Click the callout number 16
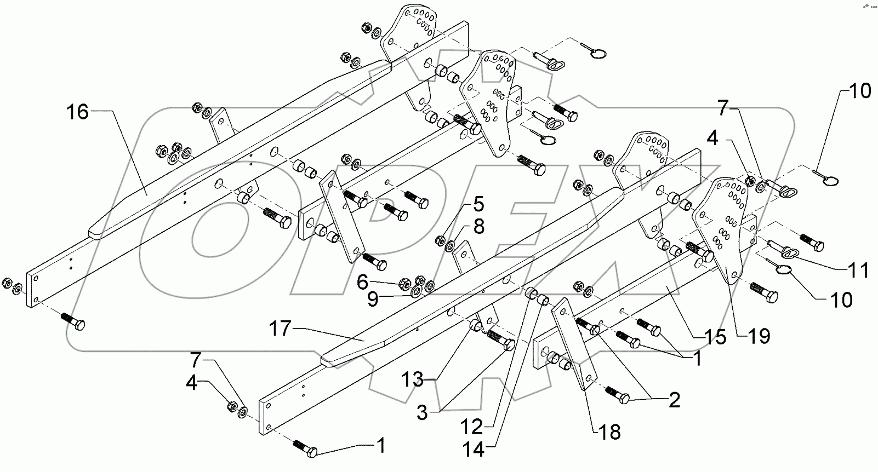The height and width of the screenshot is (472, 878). [78, 113]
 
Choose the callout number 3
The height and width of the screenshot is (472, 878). [422, 412]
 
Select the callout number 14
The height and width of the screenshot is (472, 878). [473, 450]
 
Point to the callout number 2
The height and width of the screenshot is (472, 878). [674, 400]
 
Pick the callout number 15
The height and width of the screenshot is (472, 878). [716, 337]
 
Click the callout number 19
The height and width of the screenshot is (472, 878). [759, 336]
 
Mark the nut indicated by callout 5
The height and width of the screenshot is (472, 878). [440, 239]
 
